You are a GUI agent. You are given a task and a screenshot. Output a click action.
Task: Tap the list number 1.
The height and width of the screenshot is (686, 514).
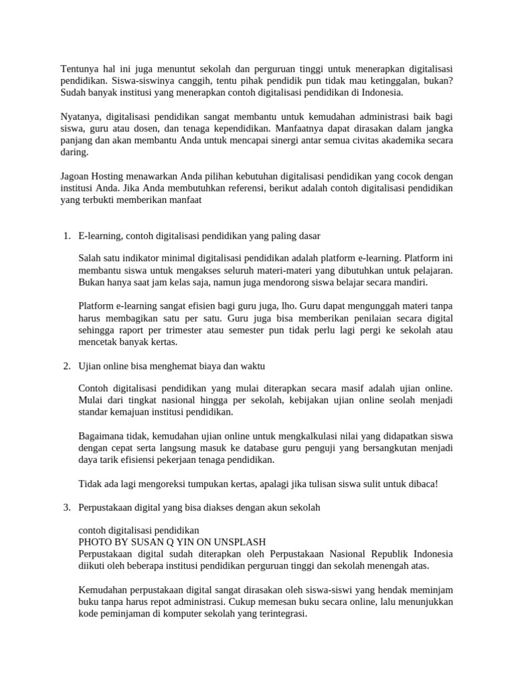click(x=66, y=236)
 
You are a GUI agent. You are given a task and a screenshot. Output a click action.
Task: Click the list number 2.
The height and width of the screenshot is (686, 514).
click(x=66, y=366)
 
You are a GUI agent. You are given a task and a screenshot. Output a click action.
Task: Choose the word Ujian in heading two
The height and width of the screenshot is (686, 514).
click(x=90, y=366)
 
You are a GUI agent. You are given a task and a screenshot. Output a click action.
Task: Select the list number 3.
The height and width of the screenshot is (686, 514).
click(x=66, y=507)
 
